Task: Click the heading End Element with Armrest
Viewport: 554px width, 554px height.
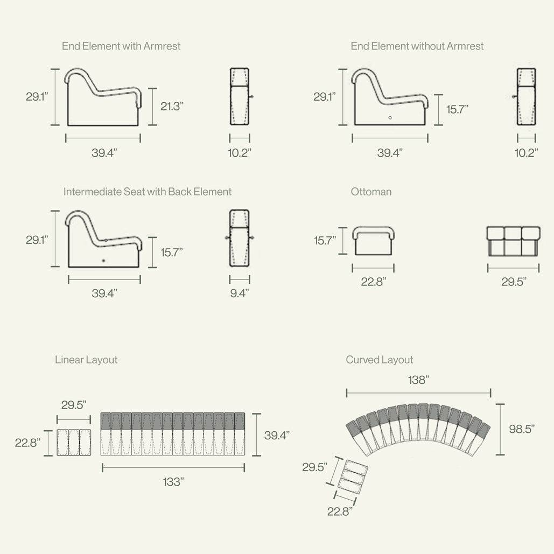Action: [121, 46]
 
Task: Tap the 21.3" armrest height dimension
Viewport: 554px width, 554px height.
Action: [172, 106]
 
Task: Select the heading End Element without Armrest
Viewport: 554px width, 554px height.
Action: [417, 46]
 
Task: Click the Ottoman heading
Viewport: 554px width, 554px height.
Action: [371, 192]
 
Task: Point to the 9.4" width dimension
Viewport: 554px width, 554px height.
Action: [240, 293]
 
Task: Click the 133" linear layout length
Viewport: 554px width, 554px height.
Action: [173, 482]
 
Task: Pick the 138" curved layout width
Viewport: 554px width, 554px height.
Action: [418, 380]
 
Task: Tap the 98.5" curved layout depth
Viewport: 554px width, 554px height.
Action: [522, 429]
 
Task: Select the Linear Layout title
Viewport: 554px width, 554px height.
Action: [86, 360]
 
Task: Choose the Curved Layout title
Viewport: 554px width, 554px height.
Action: [380, 360]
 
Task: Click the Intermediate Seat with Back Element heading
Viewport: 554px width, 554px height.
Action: [148, 192]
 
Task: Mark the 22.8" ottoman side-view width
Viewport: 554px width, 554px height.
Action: [373, 282]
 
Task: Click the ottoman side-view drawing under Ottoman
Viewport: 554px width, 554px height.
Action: [374, 241]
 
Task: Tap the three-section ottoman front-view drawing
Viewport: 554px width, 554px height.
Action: [513, 241]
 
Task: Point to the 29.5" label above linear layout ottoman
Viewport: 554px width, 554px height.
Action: [74, 405]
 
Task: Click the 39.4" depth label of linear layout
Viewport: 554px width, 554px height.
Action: [277, 435]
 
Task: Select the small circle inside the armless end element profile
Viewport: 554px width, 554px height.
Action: [390, 117]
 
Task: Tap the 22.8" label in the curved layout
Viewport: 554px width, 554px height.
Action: [340, 511]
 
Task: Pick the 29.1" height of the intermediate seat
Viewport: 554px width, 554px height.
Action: [37, 240]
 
